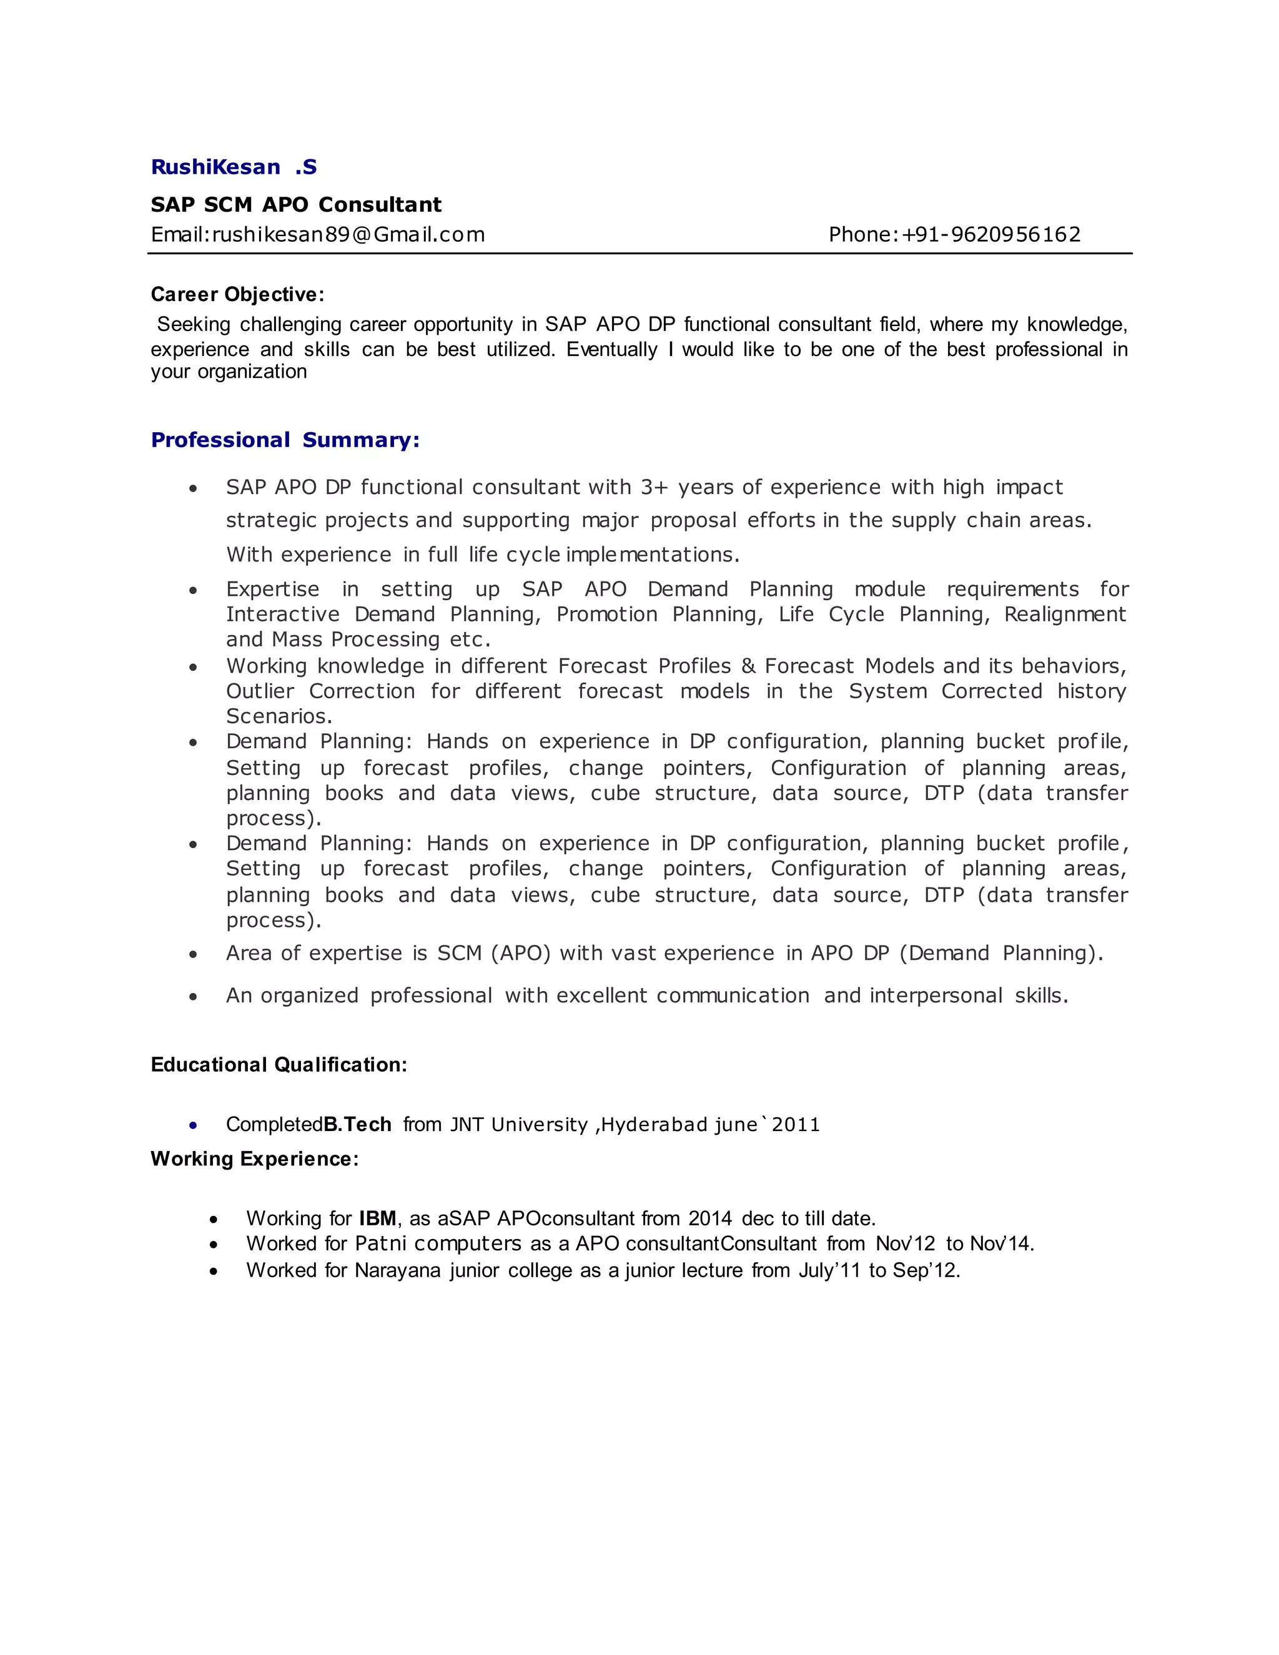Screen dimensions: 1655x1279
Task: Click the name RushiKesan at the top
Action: pyautogui.click(x=216, y=167)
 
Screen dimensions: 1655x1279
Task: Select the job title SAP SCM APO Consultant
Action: pyautogui.click(x=295, y=205)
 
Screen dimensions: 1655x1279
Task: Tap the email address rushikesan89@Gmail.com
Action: pyautogui.click(x=348, y=235)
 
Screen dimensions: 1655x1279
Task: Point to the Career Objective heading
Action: pyautogui.click(x=237, y=294)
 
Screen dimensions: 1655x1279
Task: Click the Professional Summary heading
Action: pyautogui.click(x=285, y=440)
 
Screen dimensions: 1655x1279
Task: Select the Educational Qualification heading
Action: pyautogui.click(x=279, y=1065)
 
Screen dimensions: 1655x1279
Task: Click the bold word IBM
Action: pyautogui.click(x=377, y=1218)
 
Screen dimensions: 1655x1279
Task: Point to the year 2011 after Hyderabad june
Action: pyautogui.click(x=796, y=1125)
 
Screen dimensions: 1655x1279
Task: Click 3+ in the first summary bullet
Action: pyautogui.click(x=654, y=487)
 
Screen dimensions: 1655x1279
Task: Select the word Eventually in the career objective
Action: pyautogui.click(x=612, y=349)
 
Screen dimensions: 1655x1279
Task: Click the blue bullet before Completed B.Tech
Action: pyautogui.click(x=194, y=1125)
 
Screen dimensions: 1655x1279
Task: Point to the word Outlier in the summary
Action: pyautogui.click(x=260, y=691)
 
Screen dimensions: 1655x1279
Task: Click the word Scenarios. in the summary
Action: pyautogui.click(x=279, y=716)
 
